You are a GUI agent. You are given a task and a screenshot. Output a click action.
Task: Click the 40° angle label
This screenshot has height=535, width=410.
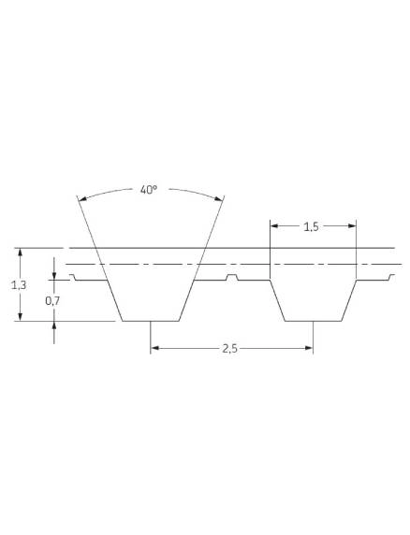tap(149, 189)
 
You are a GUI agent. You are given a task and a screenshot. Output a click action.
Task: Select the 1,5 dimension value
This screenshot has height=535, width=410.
tap(311, 226)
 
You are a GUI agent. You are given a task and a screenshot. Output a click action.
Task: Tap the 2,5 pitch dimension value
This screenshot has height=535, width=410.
tap(229, 349)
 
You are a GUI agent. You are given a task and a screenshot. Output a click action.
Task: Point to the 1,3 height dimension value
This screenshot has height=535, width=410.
tap(19, 284)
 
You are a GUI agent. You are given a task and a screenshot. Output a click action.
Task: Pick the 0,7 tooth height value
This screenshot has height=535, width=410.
tap(52, 300)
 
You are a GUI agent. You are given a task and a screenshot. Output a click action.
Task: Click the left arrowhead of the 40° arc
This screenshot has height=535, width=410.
tap(81, 198)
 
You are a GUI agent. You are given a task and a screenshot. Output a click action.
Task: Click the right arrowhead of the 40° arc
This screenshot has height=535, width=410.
tap(219, 198)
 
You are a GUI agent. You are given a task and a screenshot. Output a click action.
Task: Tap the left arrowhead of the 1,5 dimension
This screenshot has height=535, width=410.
tap(275, 225)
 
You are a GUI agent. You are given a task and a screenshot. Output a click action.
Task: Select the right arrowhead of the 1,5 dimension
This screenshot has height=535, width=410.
tap(352, 225)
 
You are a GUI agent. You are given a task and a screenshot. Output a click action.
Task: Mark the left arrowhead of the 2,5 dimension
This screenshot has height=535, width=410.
tap(155, 348)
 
